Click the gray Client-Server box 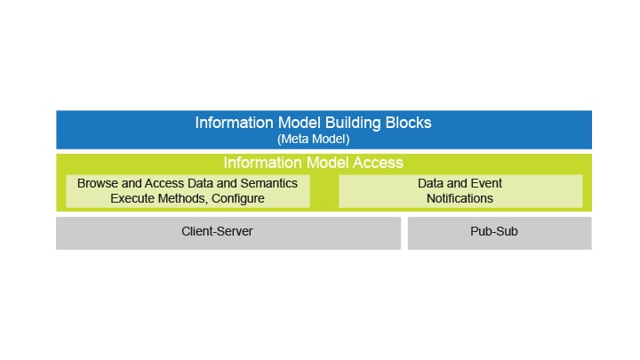coord(228,232)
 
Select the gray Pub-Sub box coord(499,232)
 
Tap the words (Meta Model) coord(313,139)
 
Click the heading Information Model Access coord(313,163)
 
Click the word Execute coord(132,198)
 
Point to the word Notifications coord(460,198)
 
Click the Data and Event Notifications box coord(460,191)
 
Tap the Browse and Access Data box coord(188,191)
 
